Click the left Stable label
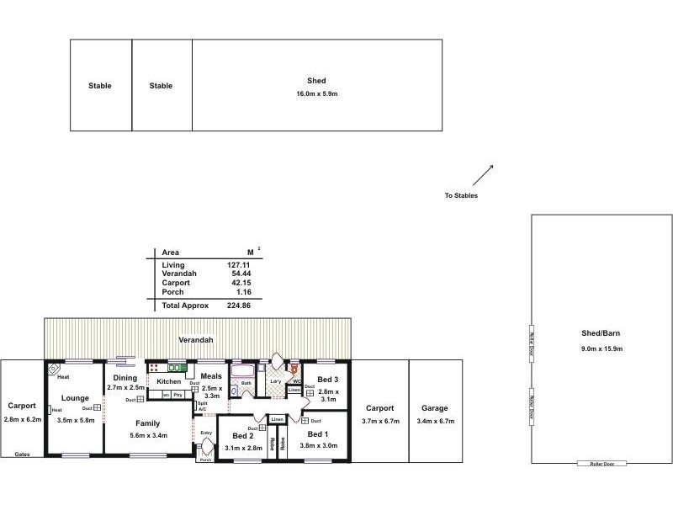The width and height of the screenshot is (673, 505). (100, 86)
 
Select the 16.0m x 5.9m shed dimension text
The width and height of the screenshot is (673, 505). (316, 93)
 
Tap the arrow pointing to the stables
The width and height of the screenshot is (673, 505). (482, 174)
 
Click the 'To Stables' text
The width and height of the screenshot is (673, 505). (461, 195)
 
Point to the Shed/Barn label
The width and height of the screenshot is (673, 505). (601, 333)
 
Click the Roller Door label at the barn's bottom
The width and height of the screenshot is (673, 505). (601, 464)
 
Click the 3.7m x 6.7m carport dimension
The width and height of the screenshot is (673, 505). (380, 421)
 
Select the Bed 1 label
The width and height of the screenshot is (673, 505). (318, 433)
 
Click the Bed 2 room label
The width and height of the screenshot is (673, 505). (244, 436)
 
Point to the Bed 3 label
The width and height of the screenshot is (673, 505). (327, 380)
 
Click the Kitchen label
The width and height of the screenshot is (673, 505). (169, 381)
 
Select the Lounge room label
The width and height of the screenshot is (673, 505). (75, 398)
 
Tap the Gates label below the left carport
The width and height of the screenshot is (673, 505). (23, 454)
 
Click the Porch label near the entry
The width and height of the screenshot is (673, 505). (205, 460)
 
